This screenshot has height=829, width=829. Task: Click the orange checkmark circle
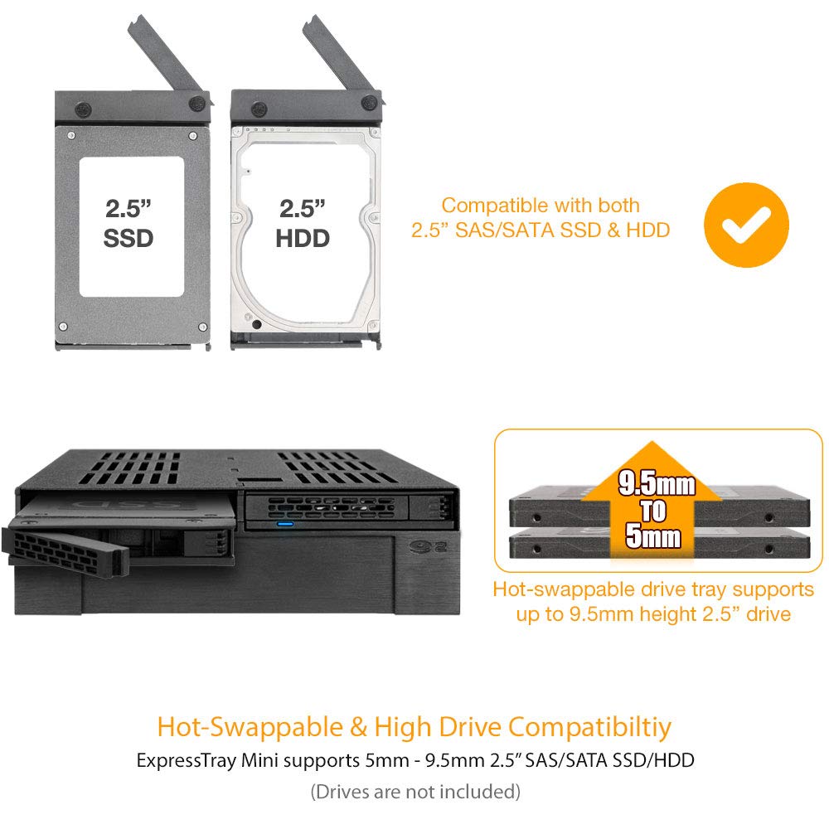click(x=746, y=225)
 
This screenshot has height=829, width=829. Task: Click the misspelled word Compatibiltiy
click(x=589, y=727)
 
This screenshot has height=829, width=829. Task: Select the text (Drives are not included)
click(x=415, y=792)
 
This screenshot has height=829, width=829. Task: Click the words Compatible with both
click(x=541, y=205)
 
